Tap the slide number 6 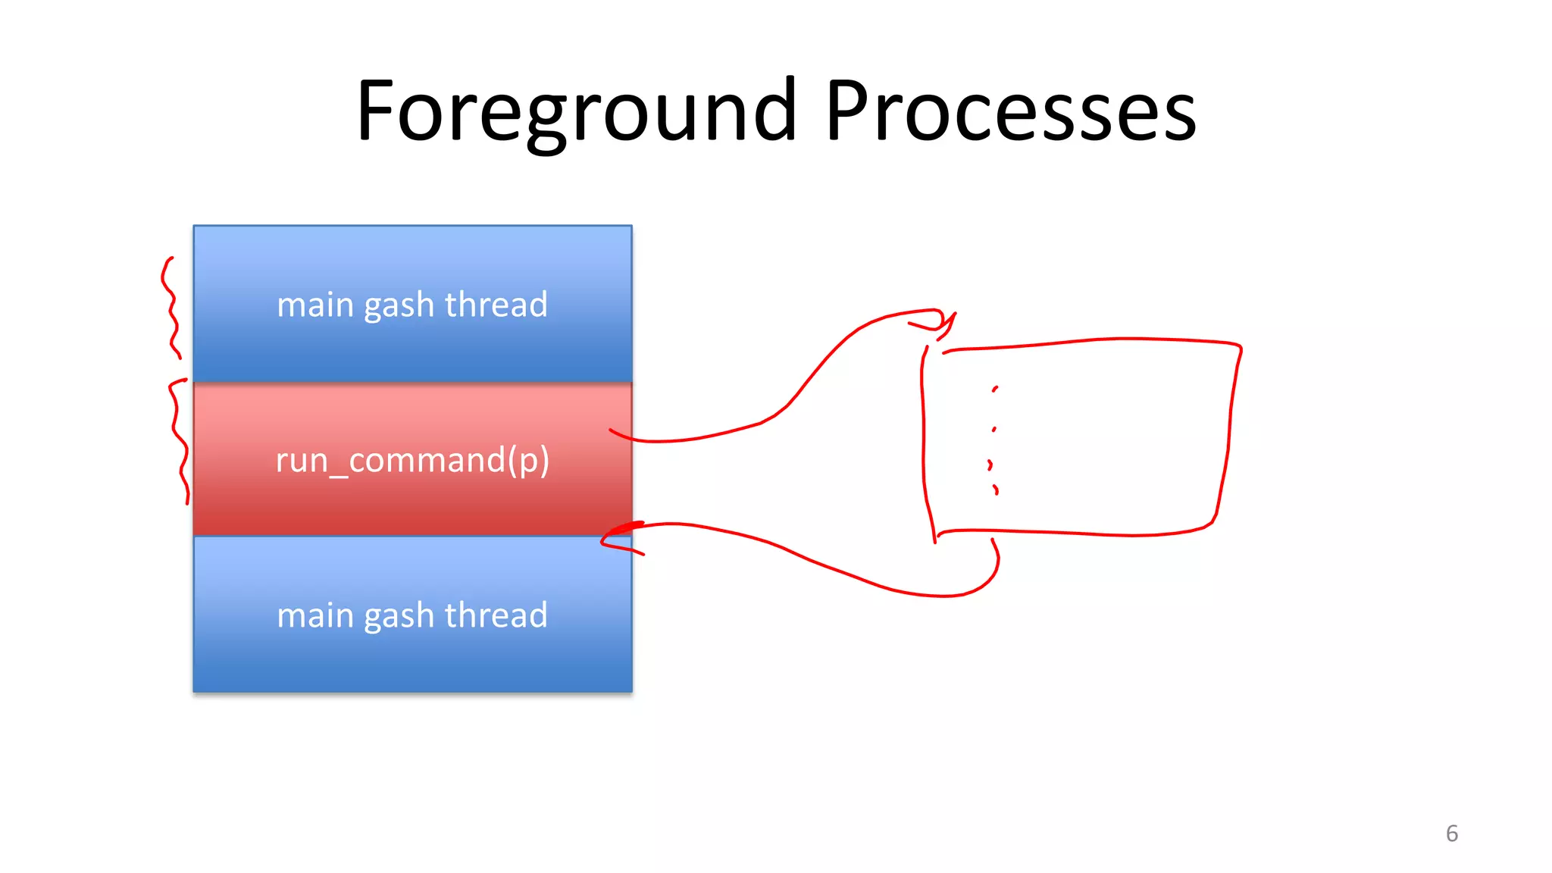click(1451, 834)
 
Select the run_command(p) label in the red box click(412, 460)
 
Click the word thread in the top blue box click(496, 305)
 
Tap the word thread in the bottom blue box click(496, 615)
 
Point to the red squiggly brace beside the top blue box click(171, 307)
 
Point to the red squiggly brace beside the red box click(179, 440)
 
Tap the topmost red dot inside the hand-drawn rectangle click(995, 389)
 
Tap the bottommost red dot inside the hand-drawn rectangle click(996, 490)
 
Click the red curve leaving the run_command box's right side click(682, 439)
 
